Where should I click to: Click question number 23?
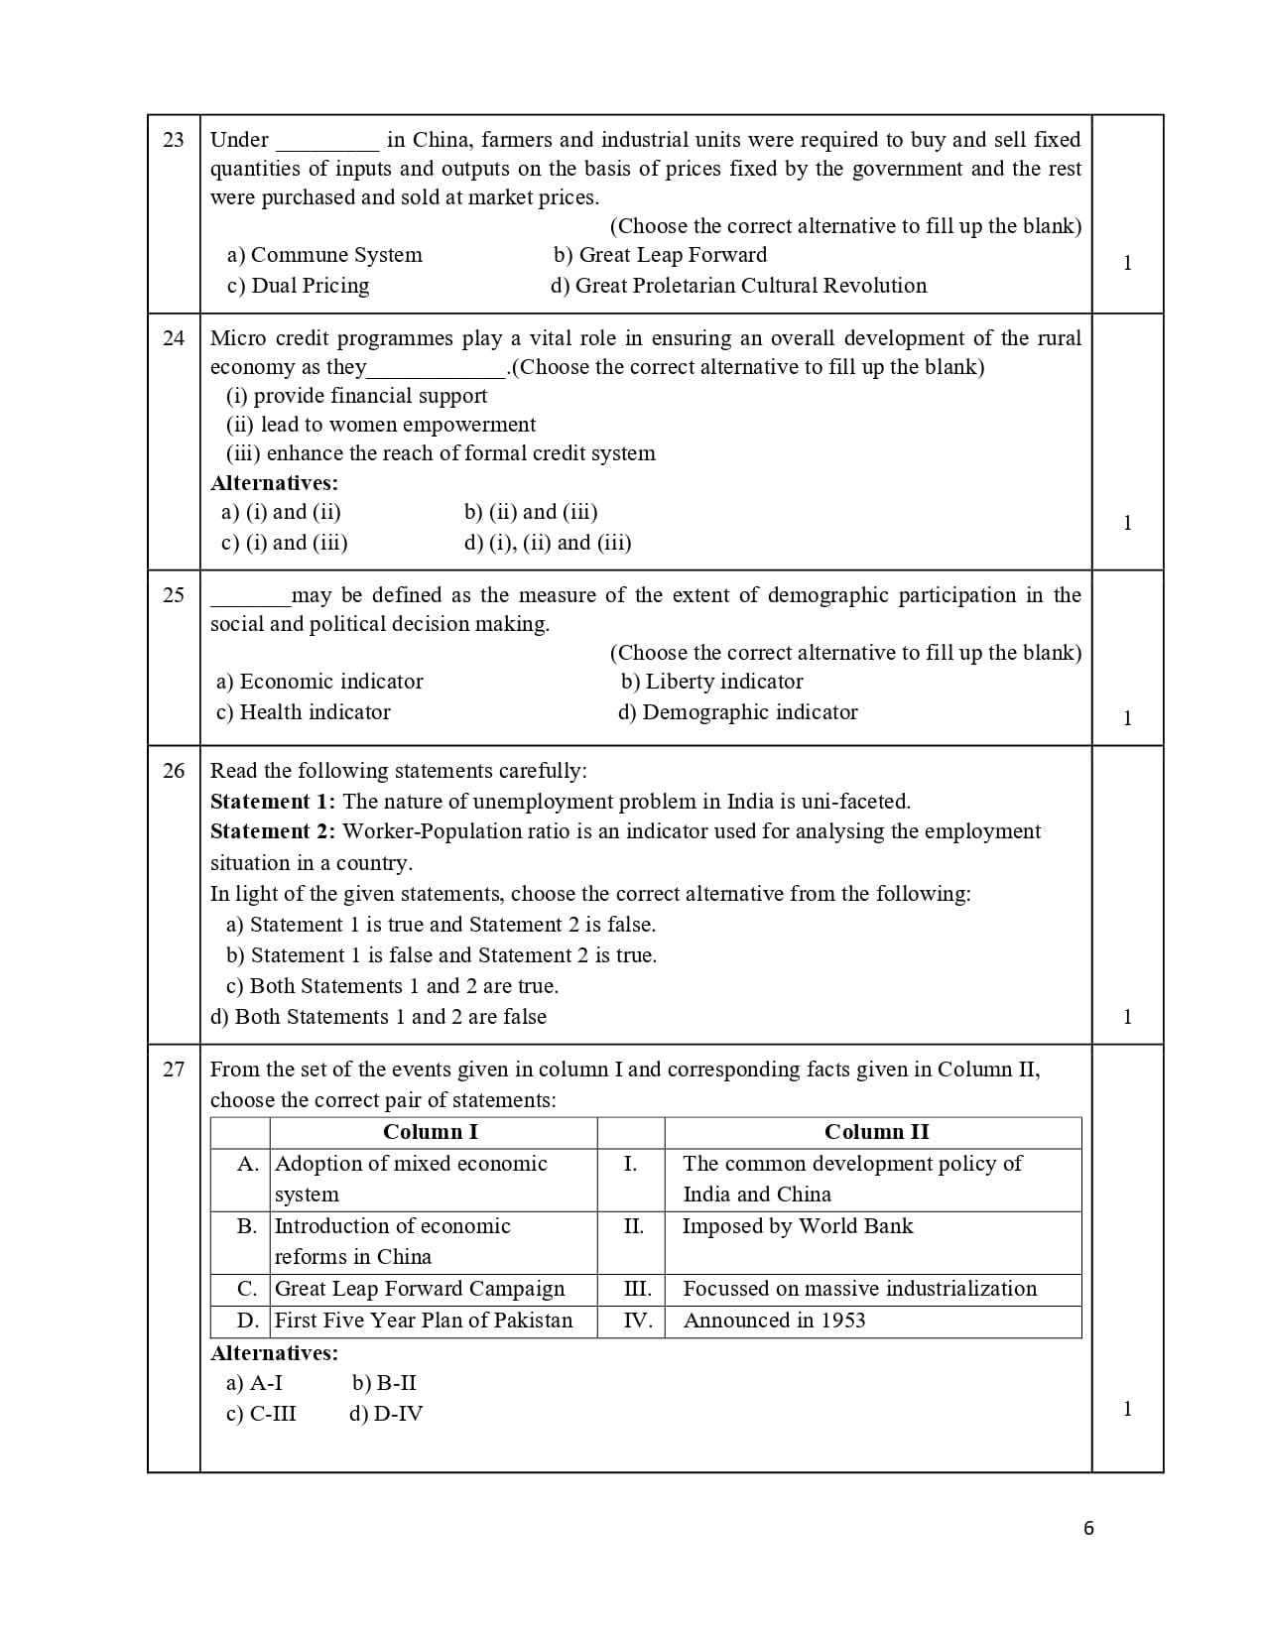(173, 140)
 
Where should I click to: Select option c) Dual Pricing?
(298, 286)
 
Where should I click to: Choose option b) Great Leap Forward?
(660, 255)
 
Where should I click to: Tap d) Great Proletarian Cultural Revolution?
(738, 286)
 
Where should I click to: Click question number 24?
(173, 338)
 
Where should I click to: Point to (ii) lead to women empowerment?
(381, 425)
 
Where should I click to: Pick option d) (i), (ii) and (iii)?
(547, 543)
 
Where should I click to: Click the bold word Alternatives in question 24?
(274, 483)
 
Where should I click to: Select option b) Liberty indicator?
(711, 682)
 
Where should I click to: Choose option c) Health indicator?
(303, 712)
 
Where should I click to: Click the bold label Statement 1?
(273, 802)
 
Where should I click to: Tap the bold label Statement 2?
(273, 831)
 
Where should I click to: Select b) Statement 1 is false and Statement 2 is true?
(442, 955)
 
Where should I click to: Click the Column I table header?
(431, 1132)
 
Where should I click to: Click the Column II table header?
(876, 1132)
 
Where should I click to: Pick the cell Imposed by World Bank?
(797, 1226)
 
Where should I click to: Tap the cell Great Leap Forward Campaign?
(419, 1289)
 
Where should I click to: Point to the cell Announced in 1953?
(774, 1321)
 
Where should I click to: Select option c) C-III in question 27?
(261, 1414)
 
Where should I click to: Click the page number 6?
(1088, 1529)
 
